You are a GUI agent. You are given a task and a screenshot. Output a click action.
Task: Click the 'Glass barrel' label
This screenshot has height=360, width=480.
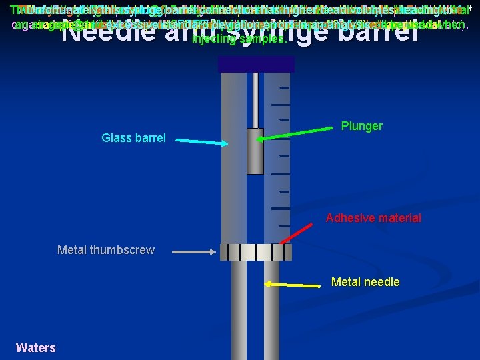(133, 138)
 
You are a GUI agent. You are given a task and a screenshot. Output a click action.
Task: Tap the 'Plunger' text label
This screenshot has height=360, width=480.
(361, 126)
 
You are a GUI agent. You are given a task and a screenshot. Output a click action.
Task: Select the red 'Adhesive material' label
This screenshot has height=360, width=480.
(373, 218)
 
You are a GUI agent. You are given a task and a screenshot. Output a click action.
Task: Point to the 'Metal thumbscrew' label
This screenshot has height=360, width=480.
(106, 250)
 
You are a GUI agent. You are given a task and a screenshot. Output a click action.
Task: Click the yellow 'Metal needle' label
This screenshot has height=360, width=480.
(365, 282)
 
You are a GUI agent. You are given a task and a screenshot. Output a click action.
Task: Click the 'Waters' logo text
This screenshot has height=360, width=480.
(35, 347)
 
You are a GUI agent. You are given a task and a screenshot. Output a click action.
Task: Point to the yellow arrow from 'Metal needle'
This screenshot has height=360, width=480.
(293, 284)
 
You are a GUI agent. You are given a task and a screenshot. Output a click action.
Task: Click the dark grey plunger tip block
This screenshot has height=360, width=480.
(255, 151)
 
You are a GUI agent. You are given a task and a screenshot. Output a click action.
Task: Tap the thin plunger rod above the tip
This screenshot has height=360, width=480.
(255, 100)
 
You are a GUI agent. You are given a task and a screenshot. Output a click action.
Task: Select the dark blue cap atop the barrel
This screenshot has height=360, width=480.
(256, 64)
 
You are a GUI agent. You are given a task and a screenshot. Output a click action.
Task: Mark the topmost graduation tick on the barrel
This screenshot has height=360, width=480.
(285, 88)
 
